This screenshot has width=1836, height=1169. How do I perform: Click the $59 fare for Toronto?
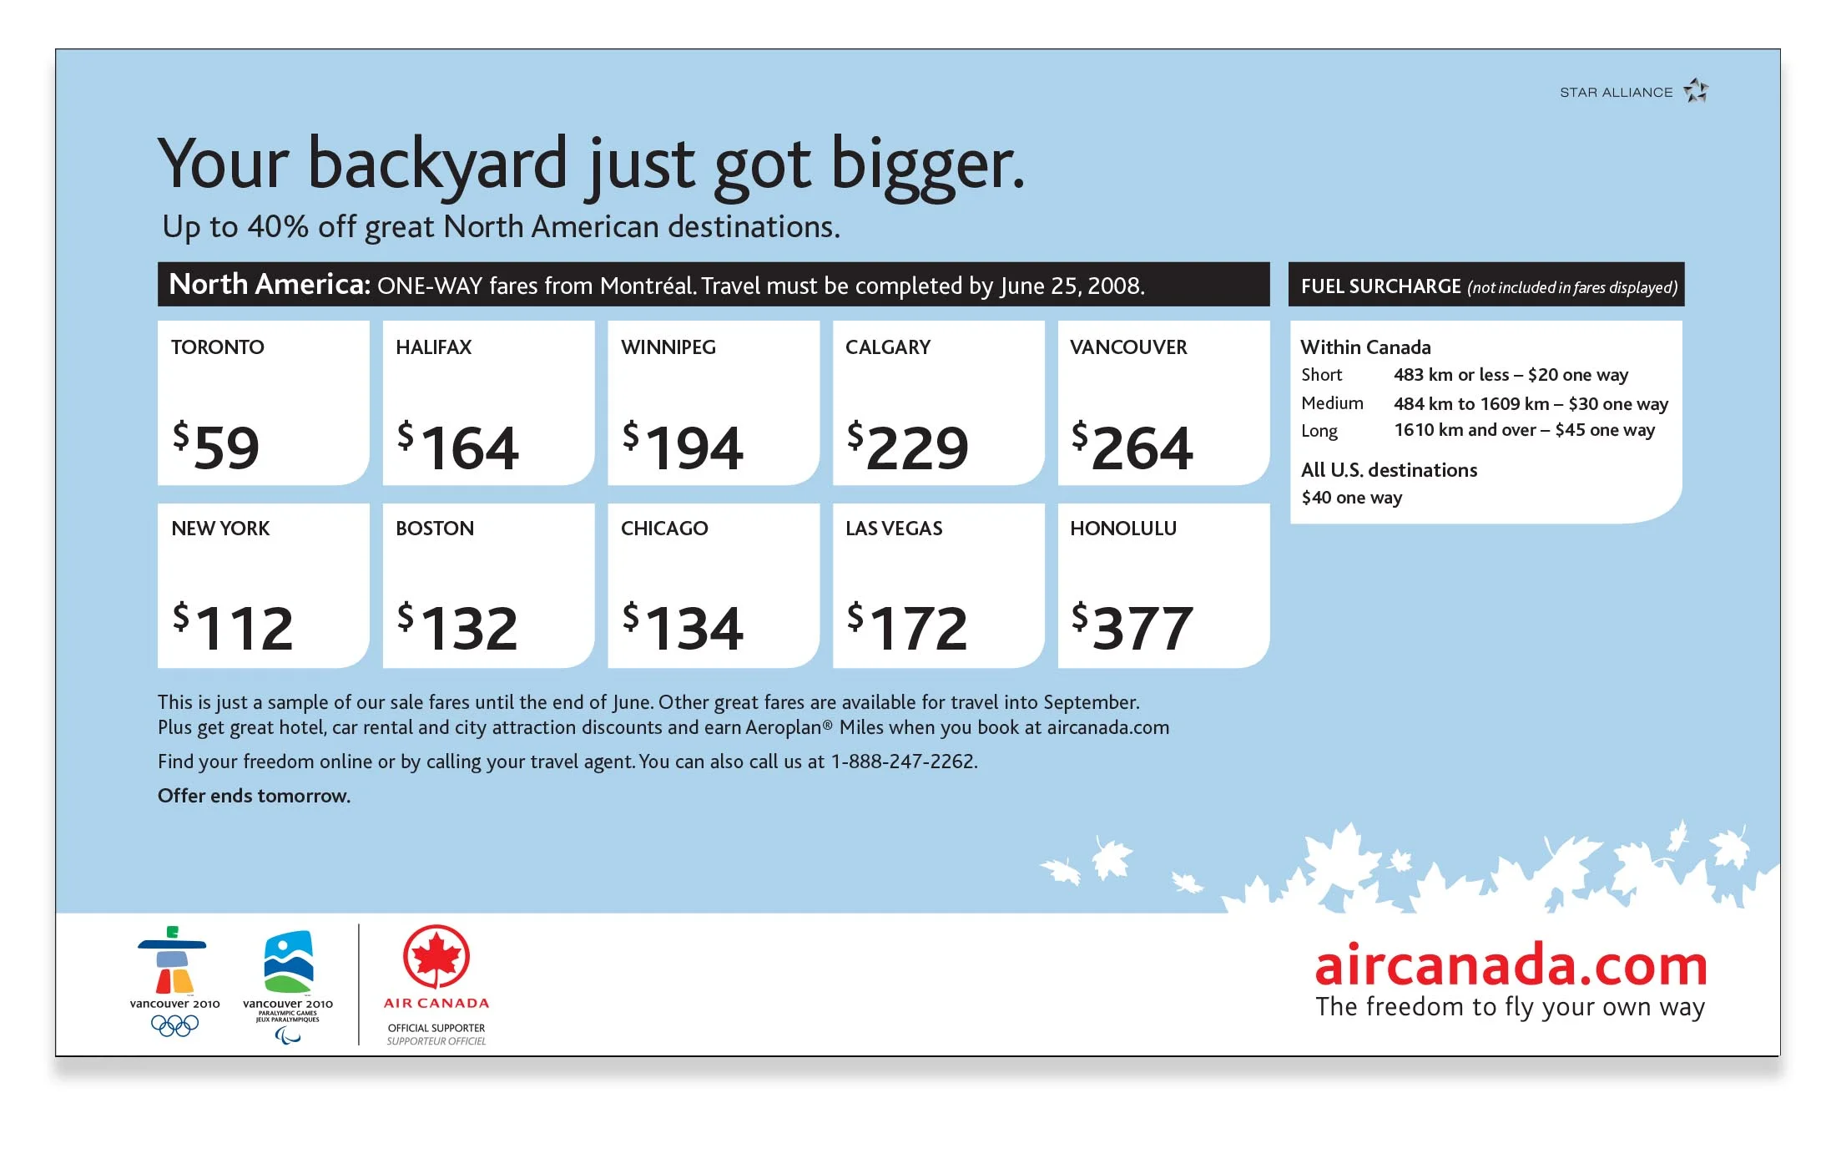pos(217,448)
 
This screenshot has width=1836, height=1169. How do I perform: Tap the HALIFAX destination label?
pos(433,347)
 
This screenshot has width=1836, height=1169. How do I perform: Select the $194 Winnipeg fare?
pos(683,448)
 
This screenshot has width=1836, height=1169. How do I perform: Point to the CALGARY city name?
pos(887,347)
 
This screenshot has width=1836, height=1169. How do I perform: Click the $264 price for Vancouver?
pos(1132,448)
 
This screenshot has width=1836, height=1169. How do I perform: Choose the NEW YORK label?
pos(220,529)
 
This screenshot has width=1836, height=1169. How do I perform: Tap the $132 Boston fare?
pos(457,628)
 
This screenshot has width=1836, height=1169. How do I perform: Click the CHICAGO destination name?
pos(663,529)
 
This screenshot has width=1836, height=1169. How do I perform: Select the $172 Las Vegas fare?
pos(907,628)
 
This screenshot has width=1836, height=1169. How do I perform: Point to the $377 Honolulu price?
pos(1132,628)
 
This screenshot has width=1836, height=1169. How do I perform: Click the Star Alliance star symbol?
pos(1695,90)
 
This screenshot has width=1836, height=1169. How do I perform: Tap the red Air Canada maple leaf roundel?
pos(436,957)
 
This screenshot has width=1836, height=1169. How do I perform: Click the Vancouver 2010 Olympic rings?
pos(174,1025)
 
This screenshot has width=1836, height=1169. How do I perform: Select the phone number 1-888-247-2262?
pos(903,762)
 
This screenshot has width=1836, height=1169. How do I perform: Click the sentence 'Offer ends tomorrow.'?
pos(254,796)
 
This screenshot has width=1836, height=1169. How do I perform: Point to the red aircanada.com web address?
pos(1511,965)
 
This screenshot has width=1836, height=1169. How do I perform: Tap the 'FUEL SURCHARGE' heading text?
pos(1380,286)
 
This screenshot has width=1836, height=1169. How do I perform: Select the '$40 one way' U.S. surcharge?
pos(1351,498)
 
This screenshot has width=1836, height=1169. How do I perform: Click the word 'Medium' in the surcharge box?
pos(1332,403)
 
